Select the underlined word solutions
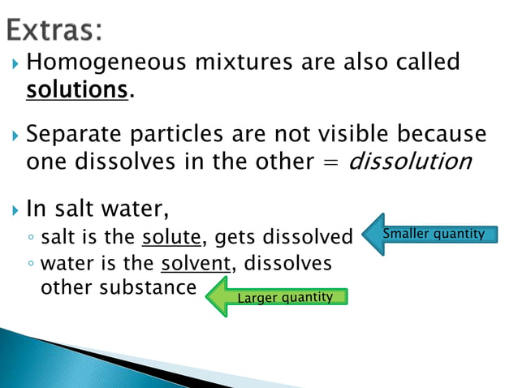pos(78,89)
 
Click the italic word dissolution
pos(409,162)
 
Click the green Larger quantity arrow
pos(276,297)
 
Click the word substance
pos(158,287)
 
